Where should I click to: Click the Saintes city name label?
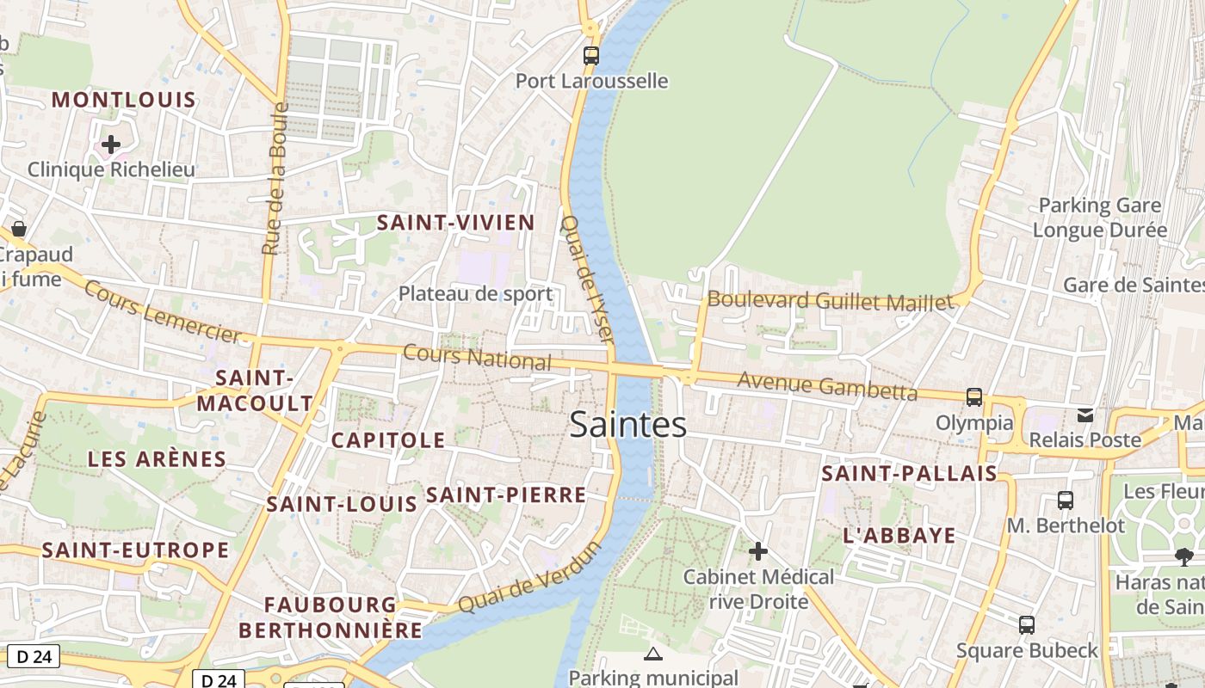pyautogui.click(x=628, y=425)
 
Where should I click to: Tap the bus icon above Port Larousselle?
pyautogui.click(x=590, y=56)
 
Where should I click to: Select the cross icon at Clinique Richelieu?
pyautogui.click(x=111, y=144)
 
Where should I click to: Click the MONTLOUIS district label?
pyautogui.click(x=124, y=100)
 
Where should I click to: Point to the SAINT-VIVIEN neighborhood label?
pyautogui.click(x=456, y=223)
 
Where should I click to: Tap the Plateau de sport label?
pyautogui.click(x=475, y=294)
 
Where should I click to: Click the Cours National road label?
pyautogui.click(x=476, y=357)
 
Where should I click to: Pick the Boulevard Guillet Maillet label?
pyautogui.click(x=831, y=301)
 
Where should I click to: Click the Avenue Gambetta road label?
pyautogui.click(x=827, y=386)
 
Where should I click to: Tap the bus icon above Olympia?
pyautogui.click(x=974, y=397)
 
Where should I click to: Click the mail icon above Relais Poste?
pyautogui.click(x=1085, y=415)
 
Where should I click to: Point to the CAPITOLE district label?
pyautogui.click(x=388, y=440)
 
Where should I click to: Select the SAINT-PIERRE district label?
pyautogui.click(x=506, y=494)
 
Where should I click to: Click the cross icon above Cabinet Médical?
pyautogui.click(x=757, y=551)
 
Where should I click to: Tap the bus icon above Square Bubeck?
pyautogui.click(x=1026, y=625)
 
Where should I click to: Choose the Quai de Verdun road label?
pyautogui.click(x=528, y=578)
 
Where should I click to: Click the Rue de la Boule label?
pyautogui.click(x=273, y=179)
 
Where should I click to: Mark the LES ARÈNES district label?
pyautogui.click(x=157, y=459)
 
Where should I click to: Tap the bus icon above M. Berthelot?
pyautogui.click(x=1065, y=501)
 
